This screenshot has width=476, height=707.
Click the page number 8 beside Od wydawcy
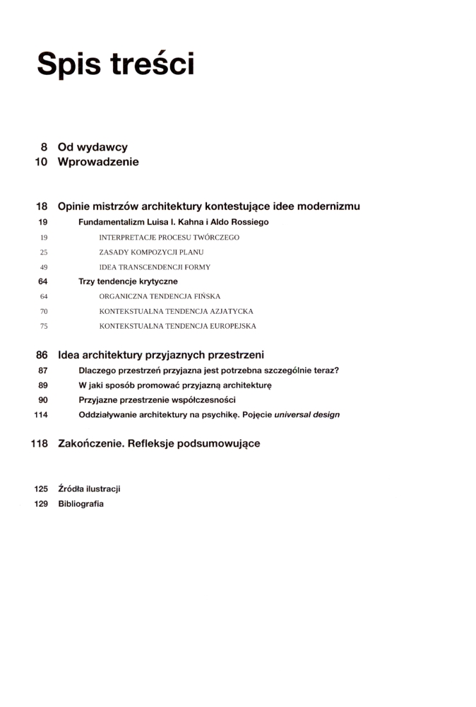coord(44,147)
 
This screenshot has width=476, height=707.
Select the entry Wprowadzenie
coord(98,162)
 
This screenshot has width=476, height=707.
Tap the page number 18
coord(42,206)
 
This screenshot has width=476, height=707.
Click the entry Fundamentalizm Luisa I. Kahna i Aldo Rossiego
coord(173,222)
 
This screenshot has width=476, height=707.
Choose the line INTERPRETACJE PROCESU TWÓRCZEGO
coord(169,238)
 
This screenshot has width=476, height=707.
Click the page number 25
coord(44,252)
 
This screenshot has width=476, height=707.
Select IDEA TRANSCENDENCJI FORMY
coord(155,267)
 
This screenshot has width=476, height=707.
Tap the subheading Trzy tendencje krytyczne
coord(128,281)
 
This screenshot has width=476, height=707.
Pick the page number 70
coord(44,311)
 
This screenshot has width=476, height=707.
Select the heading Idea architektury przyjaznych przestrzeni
coord(160,355)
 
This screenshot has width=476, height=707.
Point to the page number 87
coord(42,370)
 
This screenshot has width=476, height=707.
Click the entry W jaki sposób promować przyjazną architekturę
coord(175,385)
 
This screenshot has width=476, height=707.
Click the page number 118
coord(39,444)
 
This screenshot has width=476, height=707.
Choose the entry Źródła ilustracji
coord(89,489)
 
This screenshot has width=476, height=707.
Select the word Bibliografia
coord(81,503)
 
